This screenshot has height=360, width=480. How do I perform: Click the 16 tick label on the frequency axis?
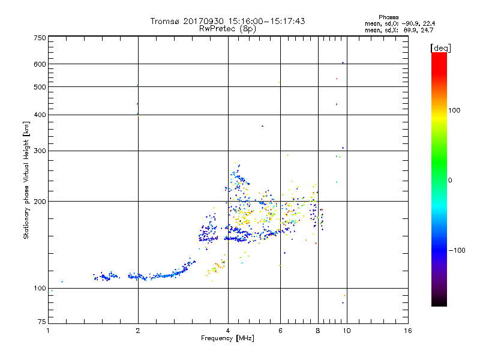pos(408,331)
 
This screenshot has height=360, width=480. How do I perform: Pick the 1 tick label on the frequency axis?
pos(48,331)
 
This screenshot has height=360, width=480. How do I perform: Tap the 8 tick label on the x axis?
pos(318,331)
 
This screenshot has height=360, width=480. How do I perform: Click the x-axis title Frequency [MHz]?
pos(227,338)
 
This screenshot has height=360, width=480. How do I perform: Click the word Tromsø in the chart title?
pos(165,21)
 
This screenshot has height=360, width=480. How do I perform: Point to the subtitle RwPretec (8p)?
pos(227,28)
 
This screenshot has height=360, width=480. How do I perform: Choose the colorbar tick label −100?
pos(457,250)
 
